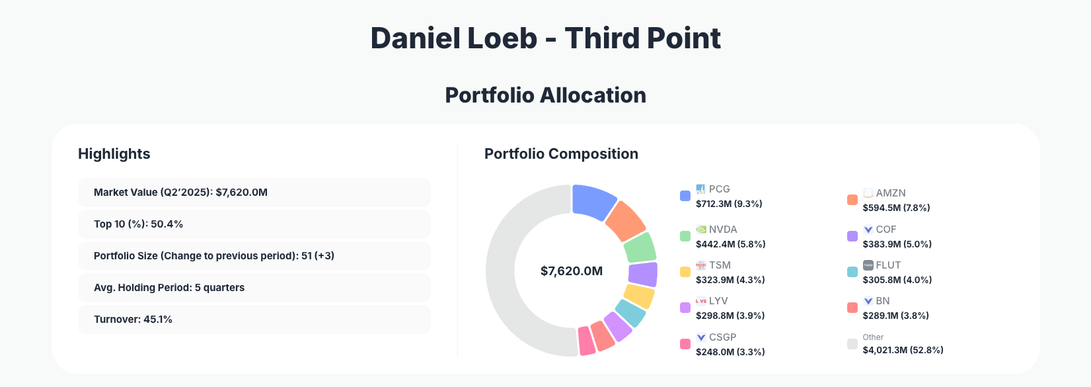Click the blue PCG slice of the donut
593,202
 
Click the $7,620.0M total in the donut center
572,271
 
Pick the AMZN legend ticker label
891,193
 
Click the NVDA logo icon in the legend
701,230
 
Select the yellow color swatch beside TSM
685,272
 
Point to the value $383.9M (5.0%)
897,244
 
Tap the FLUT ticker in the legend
888,265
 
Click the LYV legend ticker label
718,301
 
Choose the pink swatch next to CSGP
685,344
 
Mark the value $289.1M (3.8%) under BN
895,316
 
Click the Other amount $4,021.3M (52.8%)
903,350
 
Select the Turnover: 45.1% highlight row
254,320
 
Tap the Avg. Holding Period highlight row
254,288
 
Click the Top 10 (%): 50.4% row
254,224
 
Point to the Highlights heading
114,154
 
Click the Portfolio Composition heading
561,154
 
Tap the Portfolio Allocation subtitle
545,95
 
